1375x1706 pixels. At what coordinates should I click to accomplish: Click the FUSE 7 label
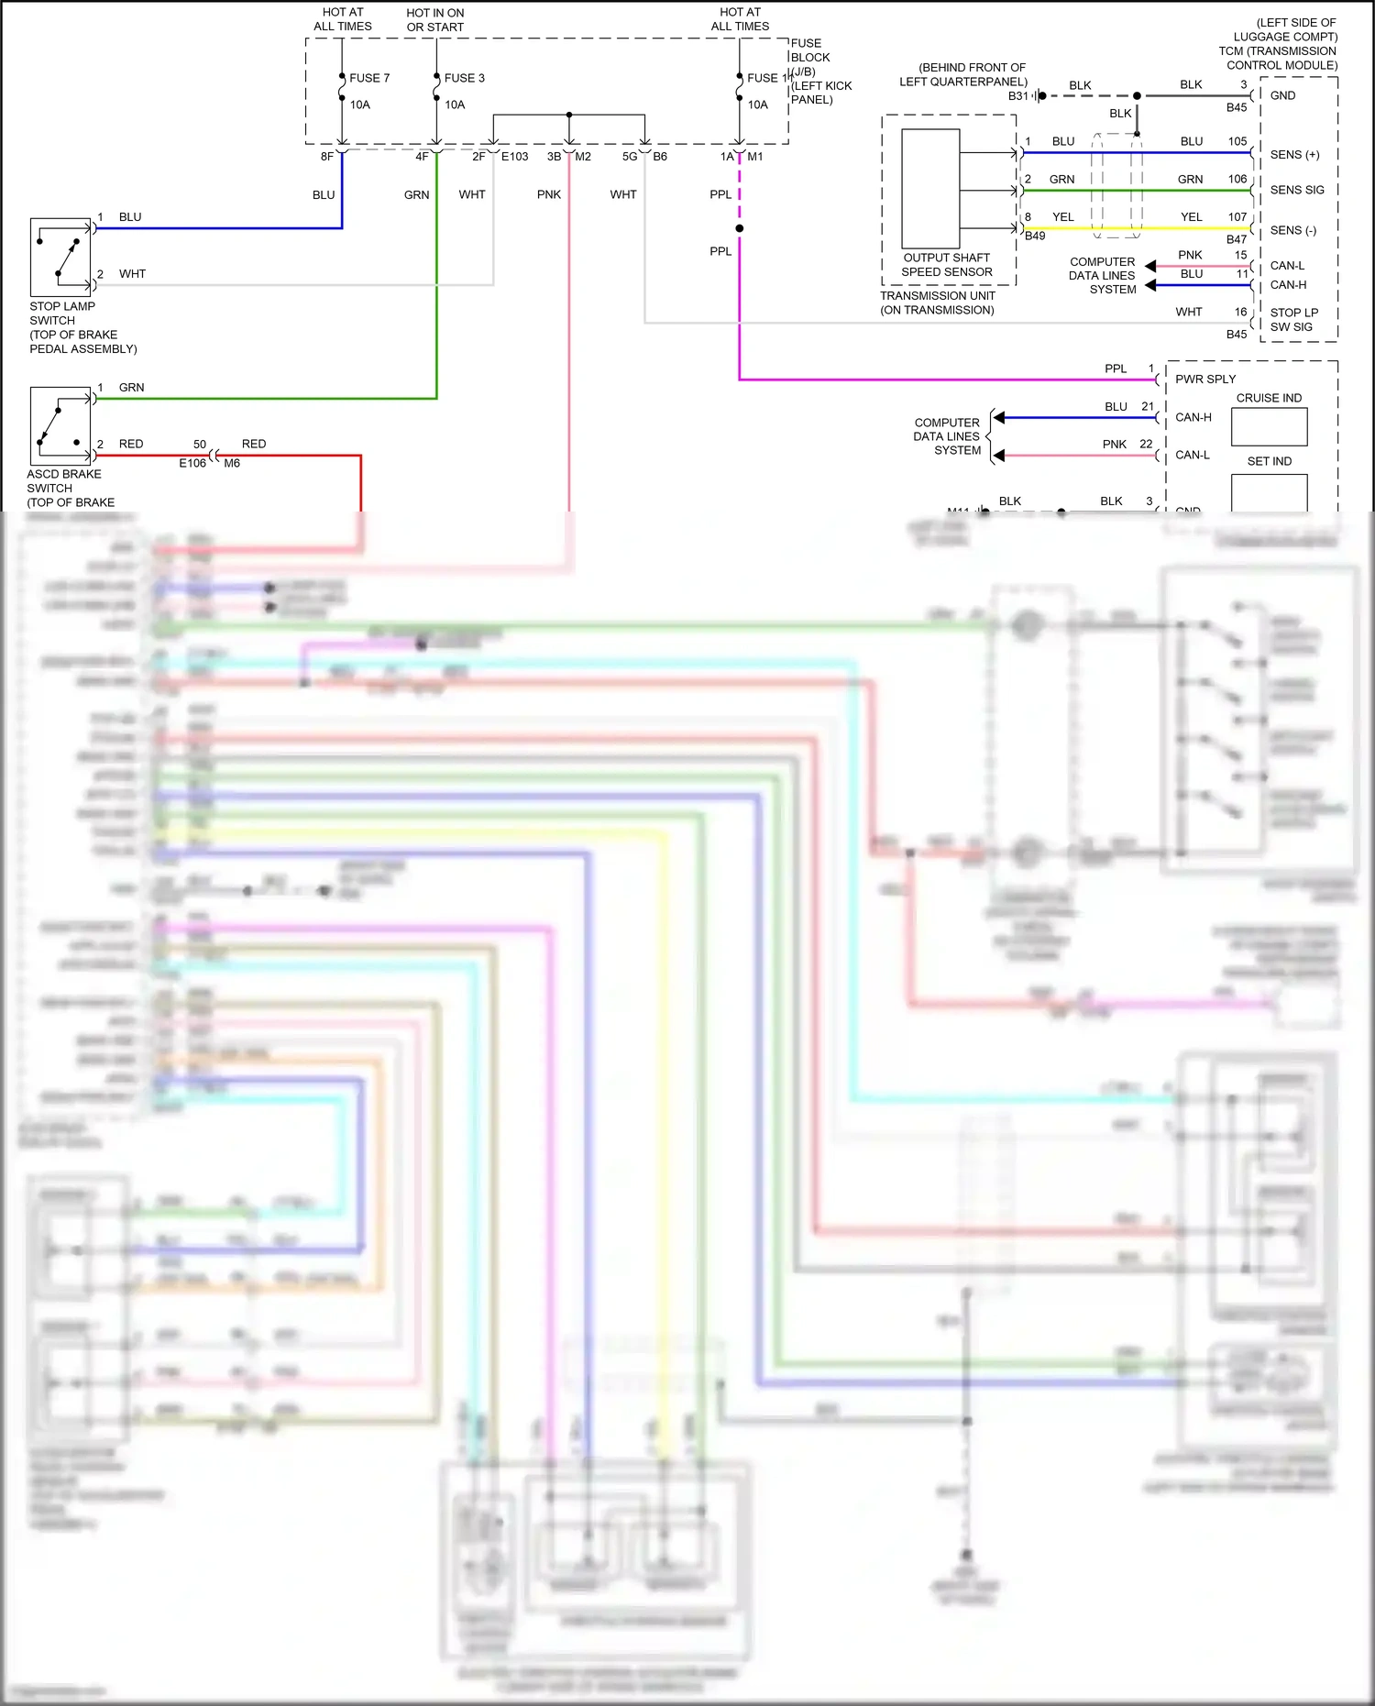[369, 79]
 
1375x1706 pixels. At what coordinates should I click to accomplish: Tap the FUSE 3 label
[464, 79]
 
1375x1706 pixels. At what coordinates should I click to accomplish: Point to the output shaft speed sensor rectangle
[930, 189]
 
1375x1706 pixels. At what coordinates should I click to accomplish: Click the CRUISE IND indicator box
[1269, 426]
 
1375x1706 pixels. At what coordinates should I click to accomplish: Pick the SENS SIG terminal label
[1297, 191]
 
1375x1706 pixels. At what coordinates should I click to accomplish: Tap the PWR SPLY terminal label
[1205, 380]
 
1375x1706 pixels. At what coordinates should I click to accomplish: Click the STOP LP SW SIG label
[1293, 320]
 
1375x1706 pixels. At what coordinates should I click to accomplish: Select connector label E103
[515, 157]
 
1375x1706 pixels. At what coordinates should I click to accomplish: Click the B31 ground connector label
[1017, 96]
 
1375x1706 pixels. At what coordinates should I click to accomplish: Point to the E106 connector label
[192, 464]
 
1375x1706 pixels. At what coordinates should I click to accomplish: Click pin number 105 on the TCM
[1237, 142]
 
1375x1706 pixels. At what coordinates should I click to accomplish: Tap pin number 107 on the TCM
[1237, 217]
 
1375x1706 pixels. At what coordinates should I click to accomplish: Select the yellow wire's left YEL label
[1062, 217]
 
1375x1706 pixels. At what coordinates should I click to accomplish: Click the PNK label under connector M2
[549, 195]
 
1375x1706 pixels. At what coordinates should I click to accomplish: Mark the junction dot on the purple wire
[740, 228]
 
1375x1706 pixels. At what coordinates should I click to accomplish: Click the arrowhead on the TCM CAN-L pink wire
[1150, 266]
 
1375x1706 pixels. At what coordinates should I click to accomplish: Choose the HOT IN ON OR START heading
[435, 20]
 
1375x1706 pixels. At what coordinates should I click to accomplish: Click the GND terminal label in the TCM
[1282, 96]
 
